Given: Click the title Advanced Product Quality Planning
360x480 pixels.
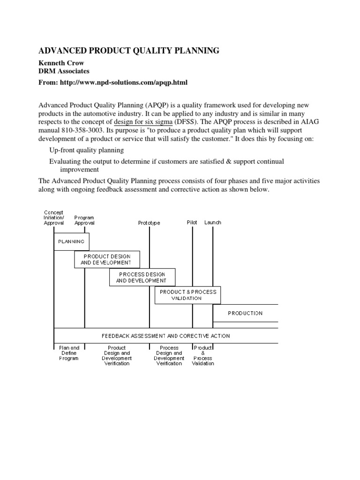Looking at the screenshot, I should [128, 51].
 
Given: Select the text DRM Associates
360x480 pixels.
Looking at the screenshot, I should [63, 71].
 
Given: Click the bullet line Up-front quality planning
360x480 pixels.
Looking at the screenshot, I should [87, 150].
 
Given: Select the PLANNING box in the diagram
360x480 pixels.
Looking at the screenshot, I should [71, 241].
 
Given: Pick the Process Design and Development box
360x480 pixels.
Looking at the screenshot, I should [142, 277].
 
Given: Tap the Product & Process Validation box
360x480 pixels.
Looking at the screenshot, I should [187, 295].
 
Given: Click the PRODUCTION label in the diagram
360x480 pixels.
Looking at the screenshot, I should [245, 313].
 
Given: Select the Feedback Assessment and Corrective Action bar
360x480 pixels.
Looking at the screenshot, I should [166, 336].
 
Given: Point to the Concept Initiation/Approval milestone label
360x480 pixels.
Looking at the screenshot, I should [53, 217].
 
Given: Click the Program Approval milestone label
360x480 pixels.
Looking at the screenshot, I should [84, 220].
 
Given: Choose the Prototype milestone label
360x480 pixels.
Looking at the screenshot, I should [149, 223].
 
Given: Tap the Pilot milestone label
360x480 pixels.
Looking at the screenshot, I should [192, 223].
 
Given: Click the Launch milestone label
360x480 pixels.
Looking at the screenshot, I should [213, 223].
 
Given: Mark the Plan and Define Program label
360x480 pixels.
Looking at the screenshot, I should [69, 353].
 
